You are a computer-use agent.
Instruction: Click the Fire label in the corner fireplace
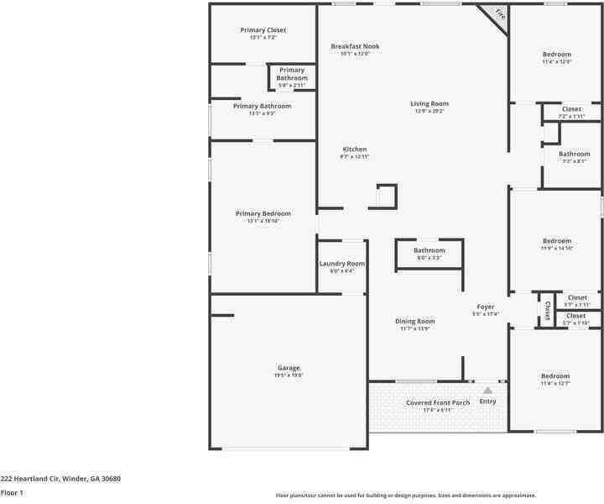click(500, 14)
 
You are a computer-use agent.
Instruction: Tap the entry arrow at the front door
click(487, 390)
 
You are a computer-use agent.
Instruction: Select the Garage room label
click(289, 368)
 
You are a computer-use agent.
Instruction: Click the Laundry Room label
click(342, 264)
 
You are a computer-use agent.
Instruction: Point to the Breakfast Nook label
click(355, 46)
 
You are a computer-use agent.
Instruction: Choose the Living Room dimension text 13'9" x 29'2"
click(430, 111)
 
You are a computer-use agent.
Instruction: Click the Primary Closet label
click(263, 30)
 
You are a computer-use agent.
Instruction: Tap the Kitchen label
click(355, 150)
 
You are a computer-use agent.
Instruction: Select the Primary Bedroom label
click(263, 213)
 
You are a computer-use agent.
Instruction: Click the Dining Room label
click(414, 321)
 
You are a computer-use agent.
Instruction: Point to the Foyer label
click(486, 307)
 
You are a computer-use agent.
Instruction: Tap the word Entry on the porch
click(487, 402)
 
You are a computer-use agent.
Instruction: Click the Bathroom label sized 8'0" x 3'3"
click(429, 250)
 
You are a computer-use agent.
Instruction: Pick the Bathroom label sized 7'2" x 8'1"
click(575, 154)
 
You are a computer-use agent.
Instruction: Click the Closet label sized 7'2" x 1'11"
click(571, 109)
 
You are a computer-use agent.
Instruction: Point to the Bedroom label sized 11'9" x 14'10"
click(556, 240)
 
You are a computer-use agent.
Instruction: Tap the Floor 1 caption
click(12, 493)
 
